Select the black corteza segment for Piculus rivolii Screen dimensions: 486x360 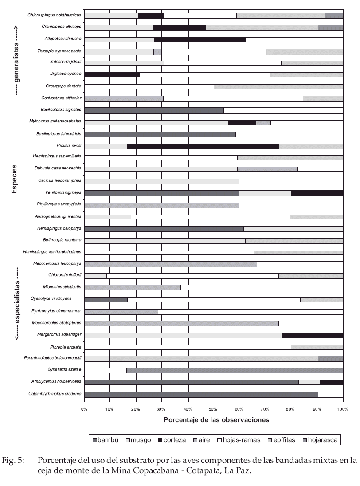tap(203, 146)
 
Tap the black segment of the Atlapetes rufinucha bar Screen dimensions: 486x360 tap(200, 39)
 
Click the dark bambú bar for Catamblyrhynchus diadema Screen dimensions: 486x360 tap(201, 394)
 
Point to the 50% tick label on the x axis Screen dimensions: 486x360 tap(214, 408)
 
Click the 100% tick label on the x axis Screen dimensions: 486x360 tap(343, 408)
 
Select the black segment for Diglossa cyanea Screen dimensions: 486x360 tap(112, 74)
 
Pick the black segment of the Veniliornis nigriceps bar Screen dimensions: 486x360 tap(317, 193)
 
